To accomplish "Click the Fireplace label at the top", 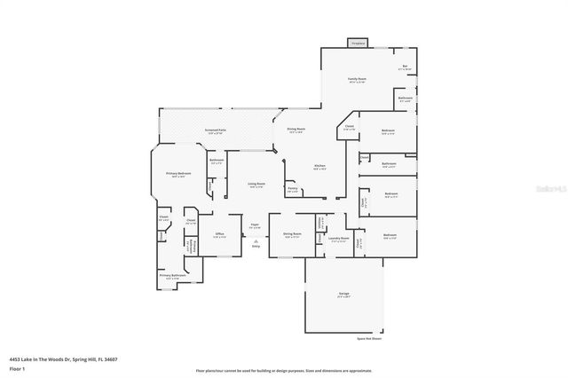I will pyautogui.click(x=358, y=43).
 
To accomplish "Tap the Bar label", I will pyautogui.click(x=404, y=66).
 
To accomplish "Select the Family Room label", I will pyautogui.click(x=357, y=80).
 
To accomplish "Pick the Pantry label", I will pyautogui.click(x=292, y=188).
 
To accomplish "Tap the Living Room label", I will pyautogui.click(x=256, y=184).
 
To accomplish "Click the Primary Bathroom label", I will pyautogui.click(x=172, y=276).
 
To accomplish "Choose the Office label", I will pyautogui.click(x=219, y=234).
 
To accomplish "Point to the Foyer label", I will pyautogui.click(x=254, y=225).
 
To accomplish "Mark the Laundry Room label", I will pyautogui.click(x=337, y=238).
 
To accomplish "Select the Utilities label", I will pyautogui.click(x=319, y=223).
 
